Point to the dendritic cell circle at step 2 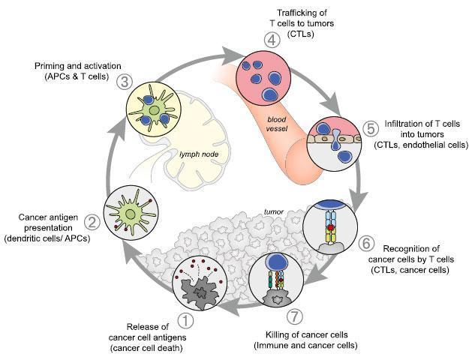coord(131,211)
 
